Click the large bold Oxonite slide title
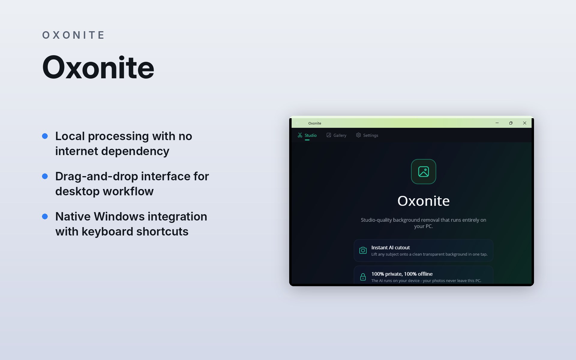point(98,67)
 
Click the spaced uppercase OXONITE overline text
point(73,35)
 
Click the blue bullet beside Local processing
point(45,136)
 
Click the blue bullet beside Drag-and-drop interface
point(45,176)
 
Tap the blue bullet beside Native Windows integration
point(45,217)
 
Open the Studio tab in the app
point(307,135)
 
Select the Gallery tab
point(336,135)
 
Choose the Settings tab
point(367,135)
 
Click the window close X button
point(525,123)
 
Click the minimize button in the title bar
point(497,123)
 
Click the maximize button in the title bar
point(511,123)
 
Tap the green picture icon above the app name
point(424,172)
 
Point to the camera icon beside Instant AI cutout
point(363,250)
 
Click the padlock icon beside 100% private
point(363,277)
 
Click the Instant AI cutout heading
point(391,247)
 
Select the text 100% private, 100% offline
point(402,274)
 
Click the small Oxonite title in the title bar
point(315,123)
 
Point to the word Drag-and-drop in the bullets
point(97,177)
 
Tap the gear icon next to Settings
point(358,135)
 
